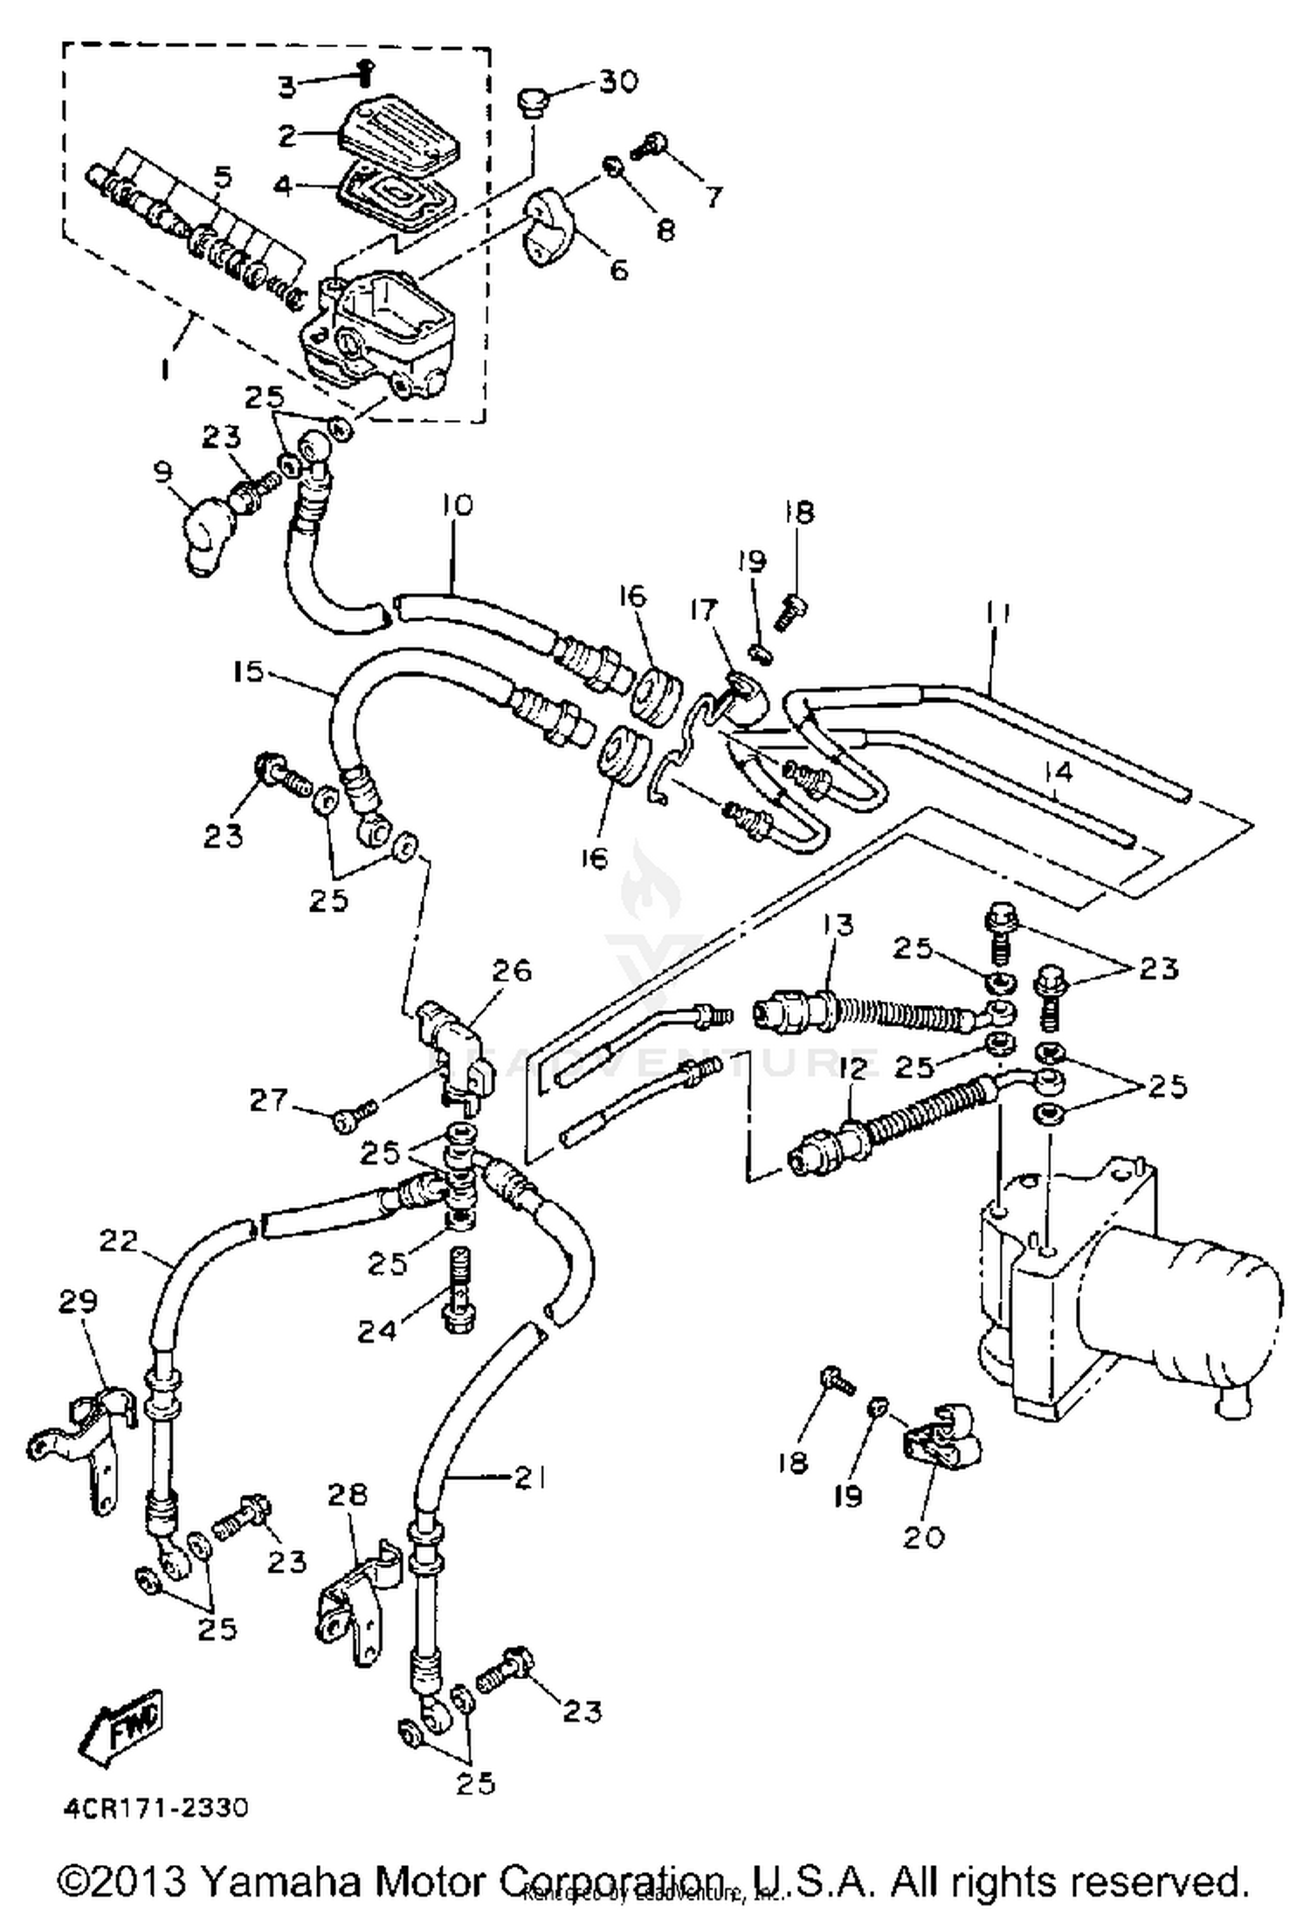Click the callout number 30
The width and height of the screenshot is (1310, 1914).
coord(619,81)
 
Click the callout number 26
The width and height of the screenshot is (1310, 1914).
coord(512,970)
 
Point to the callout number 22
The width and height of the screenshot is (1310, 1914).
coord(119,1240)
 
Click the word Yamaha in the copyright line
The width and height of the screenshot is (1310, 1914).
coord(279,1876)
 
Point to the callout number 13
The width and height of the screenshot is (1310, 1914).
coord(839,925)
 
